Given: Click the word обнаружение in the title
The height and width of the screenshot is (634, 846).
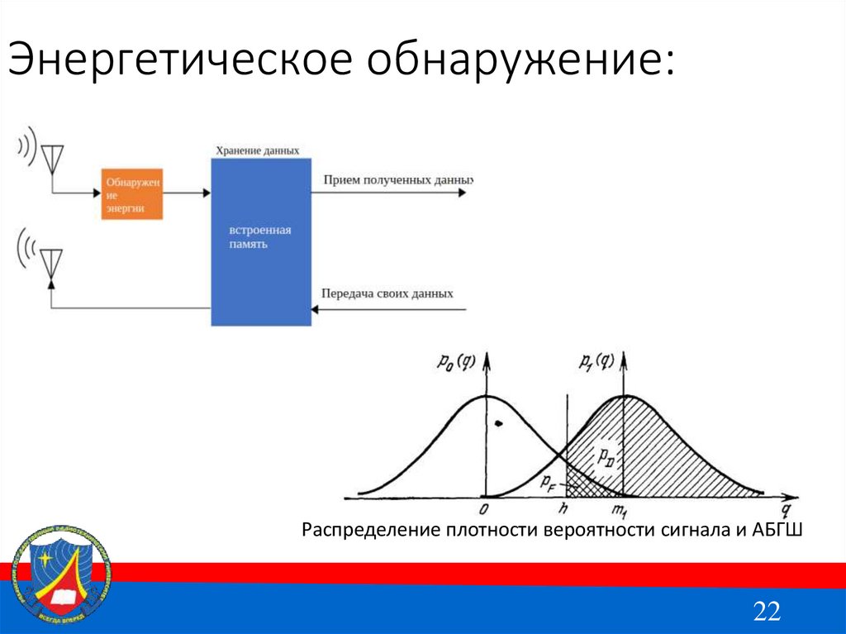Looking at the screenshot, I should pyautogui.click(x=519, y=62).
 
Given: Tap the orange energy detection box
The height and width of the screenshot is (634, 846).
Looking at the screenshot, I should pyautogui.click(x=132, y=194).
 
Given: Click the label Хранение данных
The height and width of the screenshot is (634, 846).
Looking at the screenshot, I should pyautogui.click(x=257, y=150).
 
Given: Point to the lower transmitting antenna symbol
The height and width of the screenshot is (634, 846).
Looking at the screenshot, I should pyautogui.click(x=51, y=261).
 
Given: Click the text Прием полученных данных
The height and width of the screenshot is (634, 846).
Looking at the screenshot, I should pyautogui.click(x=397, y=179).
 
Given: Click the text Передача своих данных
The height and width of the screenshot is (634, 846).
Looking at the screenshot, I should pyautogui.click(x=387, y=293).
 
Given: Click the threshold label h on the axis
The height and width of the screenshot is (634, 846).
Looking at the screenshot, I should pyautogui.click(x=564, y=510).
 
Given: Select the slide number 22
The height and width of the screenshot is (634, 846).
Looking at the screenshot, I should pyautogui.click(x=766, y=612).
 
